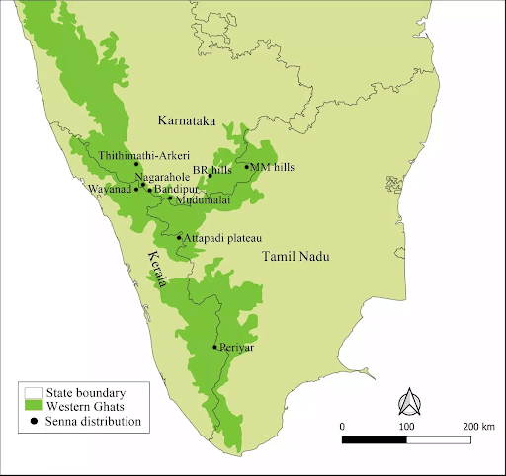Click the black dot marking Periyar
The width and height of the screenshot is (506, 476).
(x=214, y=347)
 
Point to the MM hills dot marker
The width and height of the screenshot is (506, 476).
(x=246, y=167)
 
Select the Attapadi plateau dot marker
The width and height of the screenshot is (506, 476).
(x=179, y=237)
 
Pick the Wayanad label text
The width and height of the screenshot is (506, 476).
(x=108, y=188)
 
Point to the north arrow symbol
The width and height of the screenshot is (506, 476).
(x=406, y=402)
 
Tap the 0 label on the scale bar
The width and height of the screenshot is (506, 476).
(x=342, y=425)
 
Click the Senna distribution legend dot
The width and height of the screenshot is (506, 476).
(x=36, y=421)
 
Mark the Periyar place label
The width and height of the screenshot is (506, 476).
(x=234, y=348)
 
